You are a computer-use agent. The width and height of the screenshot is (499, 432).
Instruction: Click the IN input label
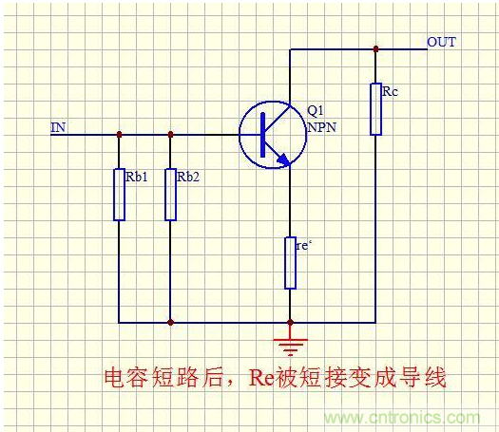58,126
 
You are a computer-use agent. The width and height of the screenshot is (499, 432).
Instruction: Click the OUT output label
441,43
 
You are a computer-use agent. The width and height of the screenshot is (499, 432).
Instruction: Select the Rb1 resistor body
119,195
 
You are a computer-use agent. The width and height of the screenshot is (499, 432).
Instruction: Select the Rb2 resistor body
170,195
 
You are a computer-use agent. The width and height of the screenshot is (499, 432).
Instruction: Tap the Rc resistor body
375,108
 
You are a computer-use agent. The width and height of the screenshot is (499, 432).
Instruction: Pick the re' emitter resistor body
290,263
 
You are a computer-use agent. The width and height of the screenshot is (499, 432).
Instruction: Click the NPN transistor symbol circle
270,134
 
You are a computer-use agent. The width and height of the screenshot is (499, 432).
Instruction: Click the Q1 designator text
317,112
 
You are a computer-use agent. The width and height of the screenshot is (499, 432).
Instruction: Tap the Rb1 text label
137,177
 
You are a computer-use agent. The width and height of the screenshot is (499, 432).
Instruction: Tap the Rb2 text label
189,177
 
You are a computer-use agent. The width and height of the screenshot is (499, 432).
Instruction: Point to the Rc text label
390,92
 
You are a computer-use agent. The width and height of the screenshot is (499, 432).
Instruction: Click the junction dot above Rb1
119,134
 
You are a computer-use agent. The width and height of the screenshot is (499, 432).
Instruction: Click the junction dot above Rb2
170,134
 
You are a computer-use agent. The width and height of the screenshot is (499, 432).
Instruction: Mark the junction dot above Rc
375,48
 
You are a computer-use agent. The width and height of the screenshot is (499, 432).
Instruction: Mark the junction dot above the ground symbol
290,323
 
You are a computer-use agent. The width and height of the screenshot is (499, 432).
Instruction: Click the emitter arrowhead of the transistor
282,160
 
